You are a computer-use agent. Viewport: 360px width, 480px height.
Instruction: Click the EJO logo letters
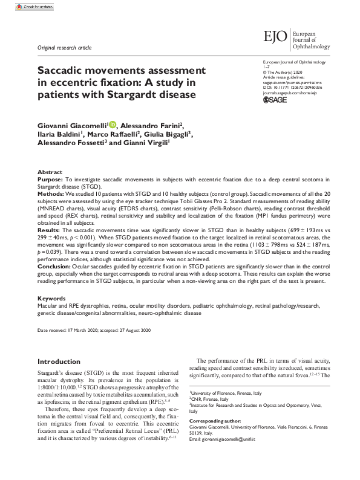pos(276,37)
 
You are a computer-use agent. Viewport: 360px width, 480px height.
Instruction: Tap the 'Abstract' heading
pos(50,172)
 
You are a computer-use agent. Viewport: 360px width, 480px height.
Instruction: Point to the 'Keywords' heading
pos(51,299)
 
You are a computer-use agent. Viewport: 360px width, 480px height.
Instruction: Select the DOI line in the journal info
pos(292,87)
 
